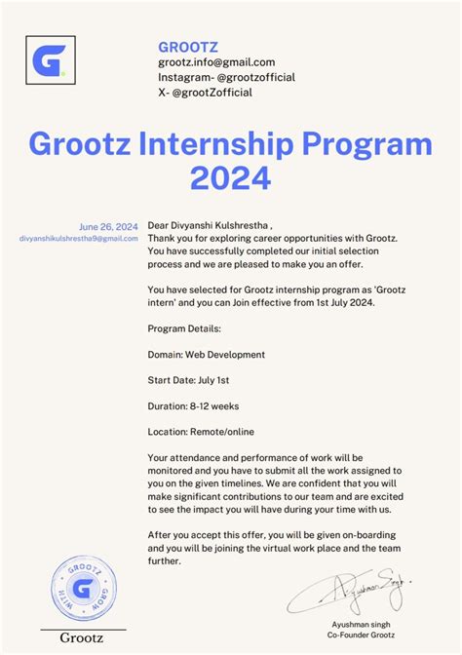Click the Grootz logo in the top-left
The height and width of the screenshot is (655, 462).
pyautogui.click(x=49, y=61)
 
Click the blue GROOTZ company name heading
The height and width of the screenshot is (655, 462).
pyautogui.click(x=188, y=46)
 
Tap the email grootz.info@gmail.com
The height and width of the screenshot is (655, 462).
pyautogui.click(x=216, y=62)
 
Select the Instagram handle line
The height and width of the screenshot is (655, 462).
pyautogui.click(x=226, y=77)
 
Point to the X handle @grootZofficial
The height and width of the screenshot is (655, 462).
pyautogui.click(x=205, y=93)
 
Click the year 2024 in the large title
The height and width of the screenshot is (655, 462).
pyautogui.click(x=230, y=176)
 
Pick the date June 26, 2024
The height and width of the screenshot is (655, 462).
pyautogui.click(x=109, y=224)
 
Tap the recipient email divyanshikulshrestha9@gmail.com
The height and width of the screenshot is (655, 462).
pyautogui.click(x=79, y=238)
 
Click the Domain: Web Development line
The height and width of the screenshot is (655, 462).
pyautogui.click(x=206, y=355)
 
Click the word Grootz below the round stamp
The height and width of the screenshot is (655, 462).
pyautogui.click(x=83, y=639)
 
